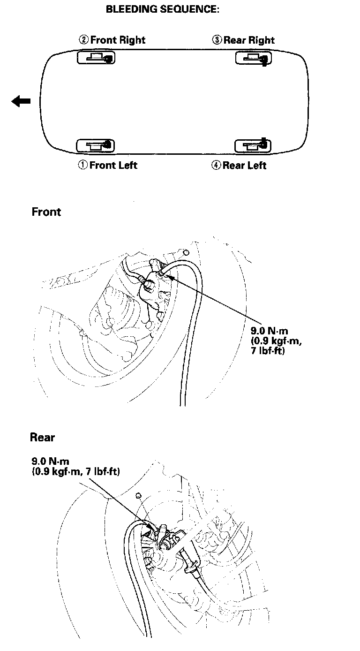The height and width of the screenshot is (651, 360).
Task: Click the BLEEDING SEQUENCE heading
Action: [x=162, y=9]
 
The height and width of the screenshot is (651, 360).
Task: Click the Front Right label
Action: [x=118, y=40]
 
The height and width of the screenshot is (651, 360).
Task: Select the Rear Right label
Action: [x=249, y=40]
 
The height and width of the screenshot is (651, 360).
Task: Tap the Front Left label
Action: [x=113, y=165]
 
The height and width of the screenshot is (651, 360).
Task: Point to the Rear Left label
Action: [x=244, y=165]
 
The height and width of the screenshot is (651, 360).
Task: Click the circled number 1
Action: [x=82, y=165]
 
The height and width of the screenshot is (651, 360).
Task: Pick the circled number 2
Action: [x=83, y=40]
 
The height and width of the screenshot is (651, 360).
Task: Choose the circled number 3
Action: [x=217, y=40]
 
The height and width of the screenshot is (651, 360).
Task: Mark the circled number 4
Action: [x=216, y=165]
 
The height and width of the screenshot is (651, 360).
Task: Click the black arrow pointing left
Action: [x=21, y=101]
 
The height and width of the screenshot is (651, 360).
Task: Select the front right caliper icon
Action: [x=96, y=58]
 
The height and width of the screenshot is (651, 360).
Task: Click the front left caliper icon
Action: [x=96, y=145]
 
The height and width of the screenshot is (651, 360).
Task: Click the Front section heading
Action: [x=46, y=212]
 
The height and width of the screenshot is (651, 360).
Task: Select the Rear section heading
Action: [x=42, y=437]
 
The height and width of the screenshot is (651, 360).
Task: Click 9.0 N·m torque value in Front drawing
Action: [x=269, y=331]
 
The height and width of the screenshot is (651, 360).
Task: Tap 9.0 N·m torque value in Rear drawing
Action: [x=50, y=462]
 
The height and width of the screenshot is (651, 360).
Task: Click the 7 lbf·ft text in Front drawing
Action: [x=268, y=350]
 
